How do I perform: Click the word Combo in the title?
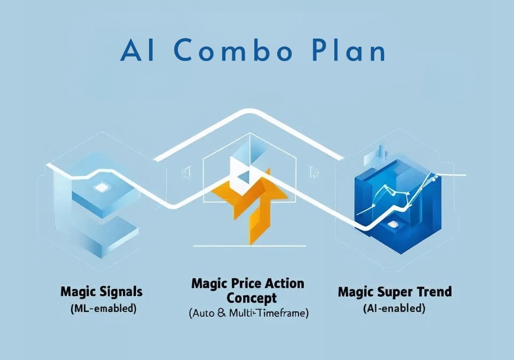[x=233, y=50]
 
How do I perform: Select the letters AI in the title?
[x=137, y=50]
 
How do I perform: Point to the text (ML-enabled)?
[x=103, y=309]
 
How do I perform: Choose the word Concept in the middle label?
[x=251, y=298]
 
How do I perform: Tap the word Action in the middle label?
[x=284, y=283]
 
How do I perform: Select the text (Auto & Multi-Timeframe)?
[x=249, y=313]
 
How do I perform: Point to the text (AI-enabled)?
[x=394, y=309]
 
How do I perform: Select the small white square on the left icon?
[x=101, y=188]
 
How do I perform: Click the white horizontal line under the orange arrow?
[x=249, y=246]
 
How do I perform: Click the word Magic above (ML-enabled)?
[x=78, y=292]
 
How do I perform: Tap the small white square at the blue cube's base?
[x=392, y=224]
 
